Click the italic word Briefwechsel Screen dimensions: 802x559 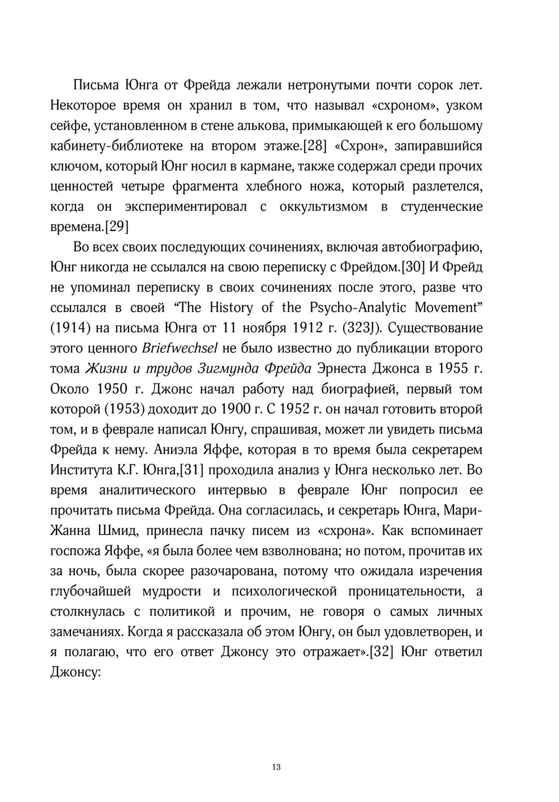tap(179, 348)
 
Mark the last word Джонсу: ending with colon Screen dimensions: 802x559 tap(75, 672)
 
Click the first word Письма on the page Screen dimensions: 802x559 tap(94, 85)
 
